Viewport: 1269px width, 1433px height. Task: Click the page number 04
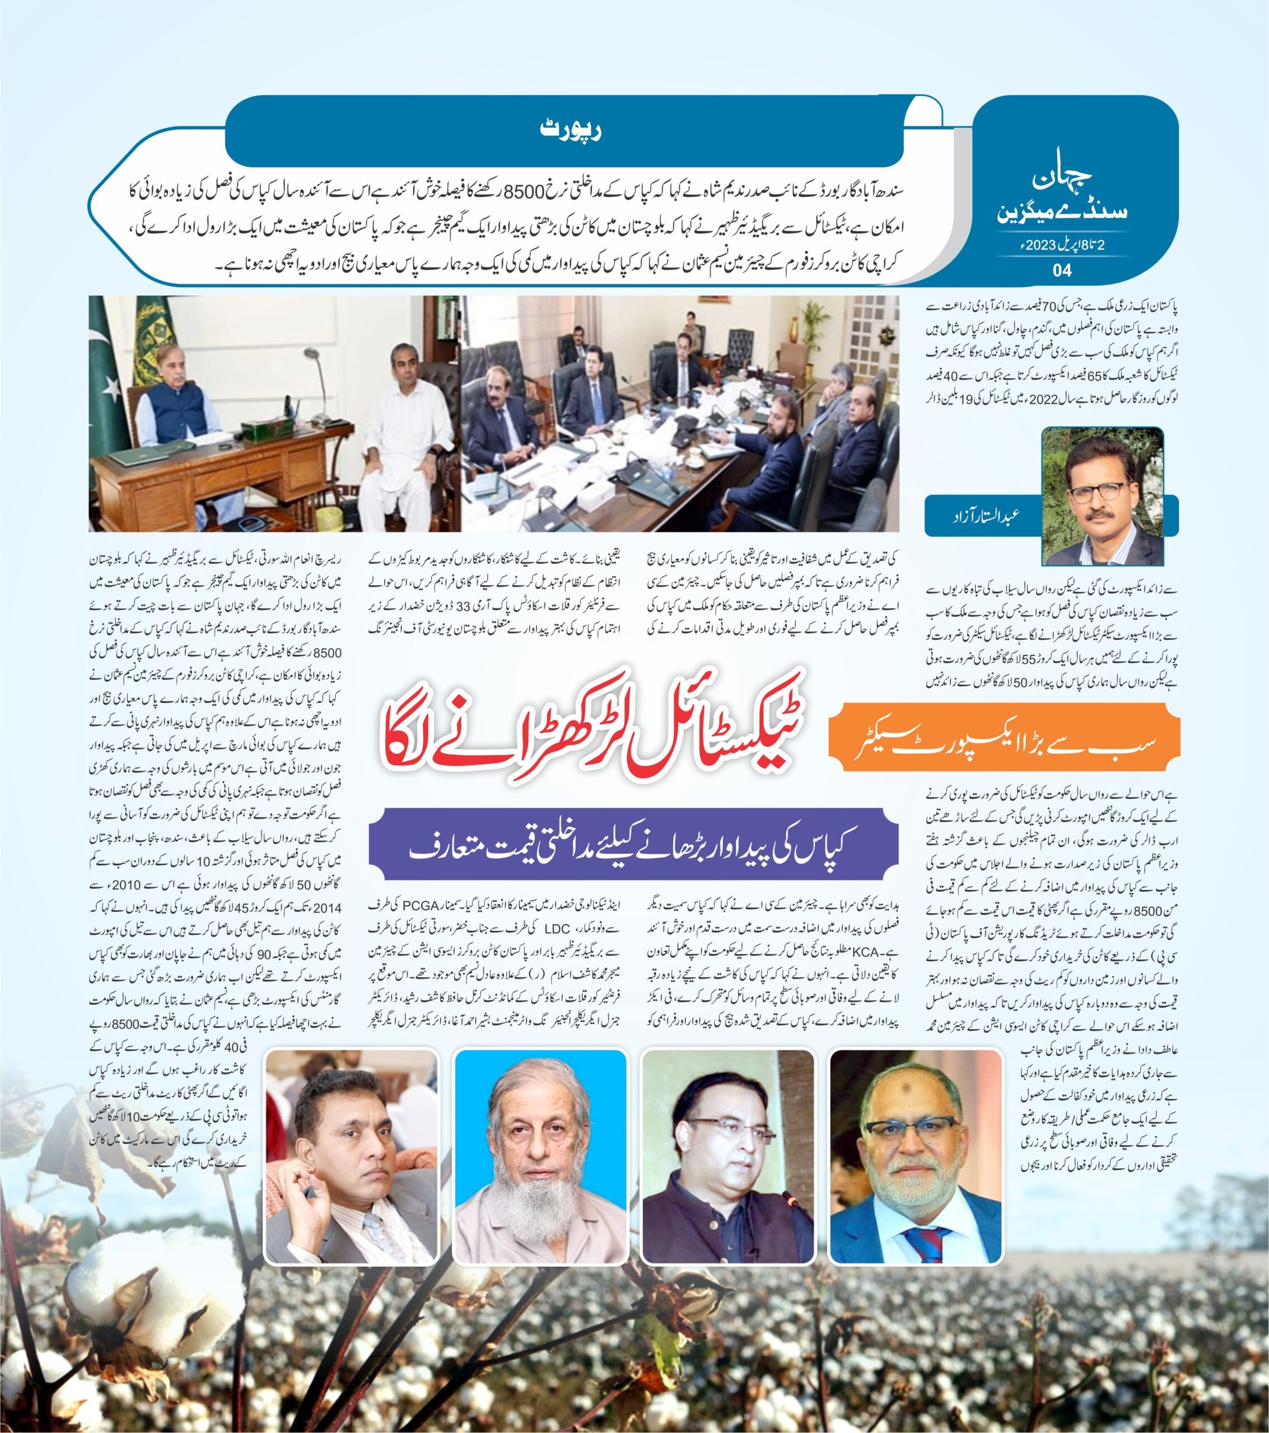[x=1062, y=270]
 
